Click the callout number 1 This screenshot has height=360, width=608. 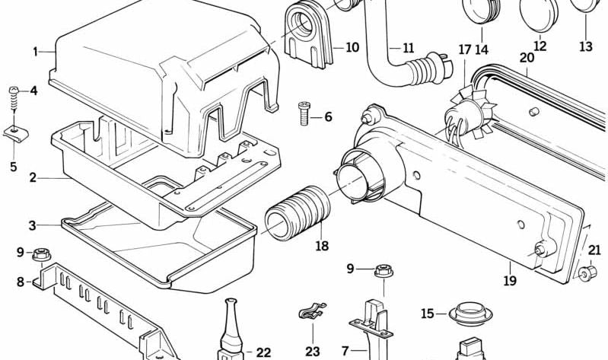pos(35,52)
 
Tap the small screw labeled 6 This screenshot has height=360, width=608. pos(304,113)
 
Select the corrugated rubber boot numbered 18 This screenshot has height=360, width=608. pos(298,213)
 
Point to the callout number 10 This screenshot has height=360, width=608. pos(352,48)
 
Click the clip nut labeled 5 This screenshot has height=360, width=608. pos(15,134)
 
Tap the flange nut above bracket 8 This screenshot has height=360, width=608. pos(41,255)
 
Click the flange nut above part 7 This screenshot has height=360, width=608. pos(384,270)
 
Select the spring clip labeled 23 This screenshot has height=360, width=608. pos(312,310)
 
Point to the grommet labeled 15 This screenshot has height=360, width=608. pos(470,314)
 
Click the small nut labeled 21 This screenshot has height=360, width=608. pos(587,273)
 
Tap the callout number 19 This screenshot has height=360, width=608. pos(511,280)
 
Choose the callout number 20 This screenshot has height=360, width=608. pos(527,58)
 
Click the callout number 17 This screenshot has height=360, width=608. pos(465,49)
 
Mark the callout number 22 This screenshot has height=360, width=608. pos(263,352)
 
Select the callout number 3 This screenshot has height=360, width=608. pos(33,225)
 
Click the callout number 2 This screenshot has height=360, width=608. pos(33,178)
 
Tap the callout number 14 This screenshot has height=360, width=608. pos(482,50)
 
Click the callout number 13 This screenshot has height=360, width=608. pos(586,47)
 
